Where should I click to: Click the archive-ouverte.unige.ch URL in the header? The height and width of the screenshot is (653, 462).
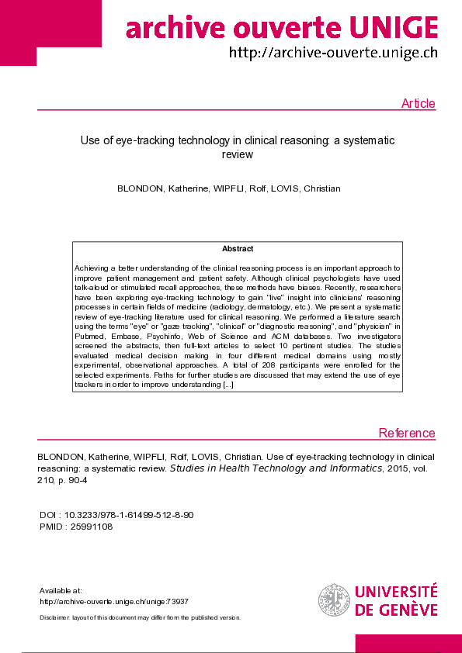point(333,53)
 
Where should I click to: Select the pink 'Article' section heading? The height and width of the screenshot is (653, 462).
point(418,104)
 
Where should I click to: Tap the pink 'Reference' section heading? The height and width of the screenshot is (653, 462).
point(407,433)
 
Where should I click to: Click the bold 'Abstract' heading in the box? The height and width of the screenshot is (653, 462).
point(238,249)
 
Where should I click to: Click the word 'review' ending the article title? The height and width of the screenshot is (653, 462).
point(238,154)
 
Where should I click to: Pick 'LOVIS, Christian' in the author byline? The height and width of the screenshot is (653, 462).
point(311,188)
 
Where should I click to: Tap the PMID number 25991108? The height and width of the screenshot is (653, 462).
point(92,527)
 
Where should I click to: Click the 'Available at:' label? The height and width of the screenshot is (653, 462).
point(60,590)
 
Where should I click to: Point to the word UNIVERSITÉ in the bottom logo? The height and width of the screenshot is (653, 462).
point(396,593)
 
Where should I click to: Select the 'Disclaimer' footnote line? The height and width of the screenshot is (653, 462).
point(140,617)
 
